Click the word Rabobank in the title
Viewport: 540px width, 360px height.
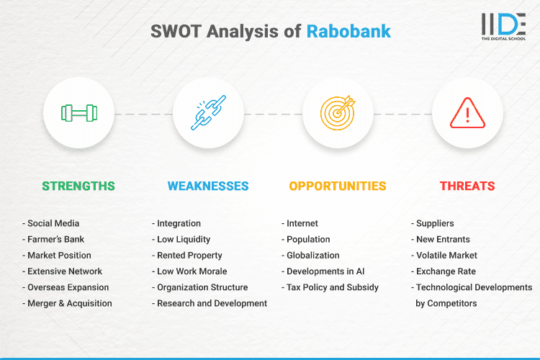[x=348, y=32]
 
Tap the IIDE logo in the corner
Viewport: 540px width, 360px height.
[x=503, y=26]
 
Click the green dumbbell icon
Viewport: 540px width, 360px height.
[x=78, y=113]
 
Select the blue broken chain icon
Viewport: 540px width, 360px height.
[x=208, y=113]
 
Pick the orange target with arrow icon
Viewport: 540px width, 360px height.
[x=338, y=113]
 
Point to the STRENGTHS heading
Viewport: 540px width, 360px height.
[x=78, y=186]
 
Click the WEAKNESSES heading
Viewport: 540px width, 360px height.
[x=208, y=186]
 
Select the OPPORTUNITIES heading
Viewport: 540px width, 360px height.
[x=338, y=186]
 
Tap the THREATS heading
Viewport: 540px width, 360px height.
[x=467, y=186]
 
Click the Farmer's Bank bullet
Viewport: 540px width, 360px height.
[x=56, y=239]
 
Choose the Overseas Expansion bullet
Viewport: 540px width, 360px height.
[x=68, y=287]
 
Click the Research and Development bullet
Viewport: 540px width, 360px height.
[x=210, y=303]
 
